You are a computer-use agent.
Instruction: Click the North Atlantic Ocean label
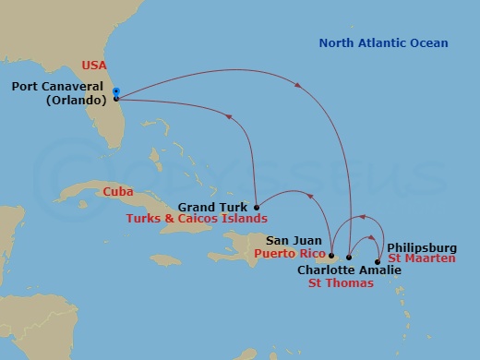pyautogui.click(x=383, y=43)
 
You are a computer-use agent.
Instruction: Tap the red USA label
pyautogui.click(x=95, y=66)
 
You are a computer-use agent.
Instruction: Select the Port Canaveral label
pyautogui.click(x=57, y=87)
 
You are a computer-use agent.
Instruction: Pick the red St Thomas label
pyautogui.click(x=340, y=284)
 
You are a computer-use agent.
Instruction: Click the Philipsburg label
pyautogui.click(x=423, y=247)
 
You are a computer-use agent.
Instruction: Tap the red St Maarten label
pyautogui.click(x=422, y=260)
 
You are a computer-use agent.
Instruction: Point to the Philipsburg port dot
pyautogui.click(x=378, y=261)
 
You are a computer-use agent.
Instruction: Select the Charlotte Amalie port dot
pyautogui.click(x=349, y=257)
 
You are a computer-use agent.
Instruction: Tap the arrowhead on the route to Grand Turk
pyautogui.click(x=230, y=116)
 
